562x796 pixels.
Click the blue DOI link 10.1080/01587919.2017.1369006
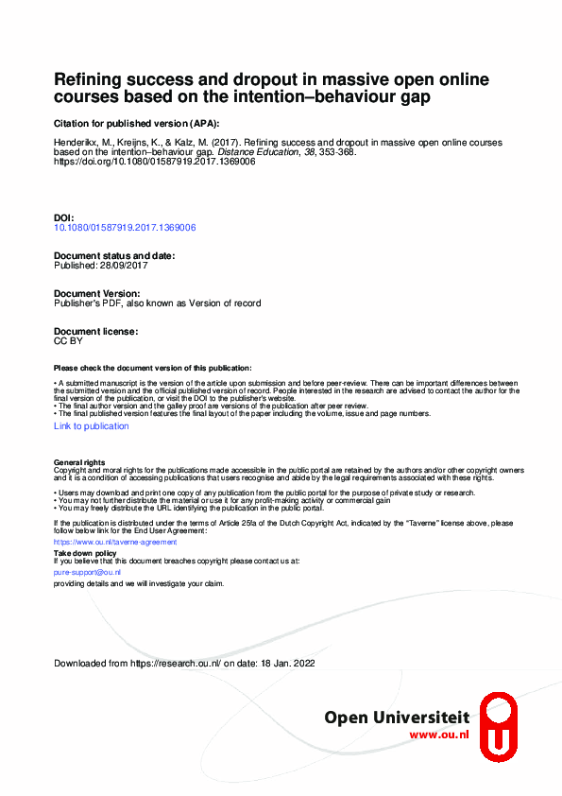(125, 228)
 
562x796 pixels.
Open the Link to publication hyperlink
(92, 426)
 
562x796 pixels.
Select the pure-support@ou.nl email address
(87, 573)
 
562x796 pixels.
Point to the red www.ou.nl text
(439, 735)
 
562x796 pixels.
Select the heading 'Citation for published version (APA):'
(136, 124)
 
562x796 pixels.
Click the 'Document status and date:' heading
(114, 256)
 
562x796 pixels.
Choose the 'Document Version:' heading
(97, 294)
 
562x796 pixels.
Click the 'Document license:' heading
(96, 332)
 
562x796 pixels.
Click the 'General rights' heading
(80, 462)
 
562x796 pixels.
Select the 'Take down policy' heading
(85, 552)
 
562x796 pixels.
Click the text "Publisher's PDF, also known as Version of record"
(157, 303)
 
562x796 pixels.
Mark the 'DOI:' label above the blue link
(63, 217)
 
